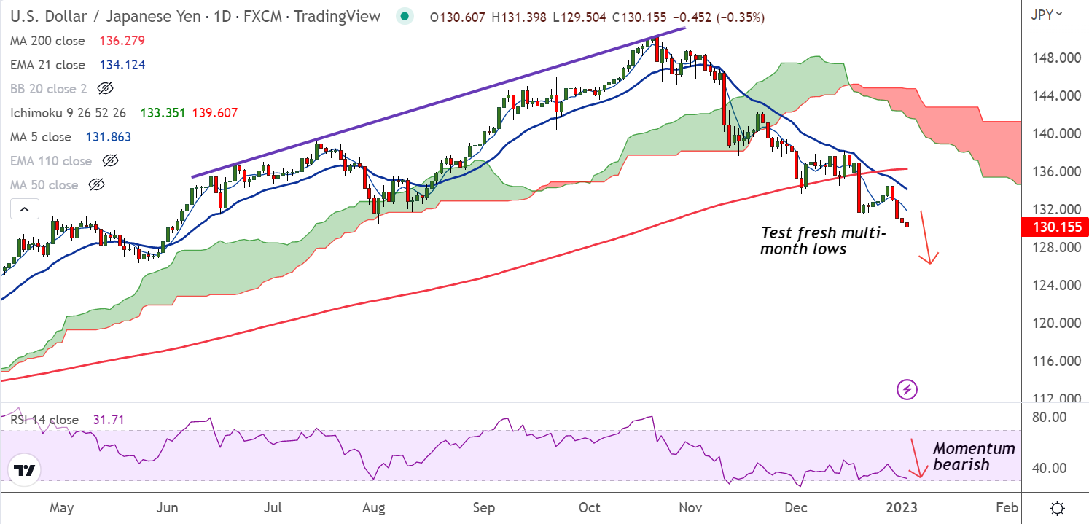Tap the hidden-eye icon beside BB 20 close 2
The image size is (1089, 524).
point(105,89)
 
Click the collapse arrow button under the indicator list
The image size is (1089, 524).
point(24,210)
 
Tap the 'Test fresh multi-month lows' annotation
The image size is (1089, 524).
point(822,241)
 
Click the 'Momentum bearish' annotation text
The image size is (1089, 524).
point(972,456)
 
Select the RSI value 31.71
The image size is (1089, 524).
point(108,420)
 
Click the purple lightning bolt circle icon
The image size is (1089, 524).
point(906,389)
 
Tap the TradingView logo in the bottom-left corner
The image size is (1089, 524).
point(25,471)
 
